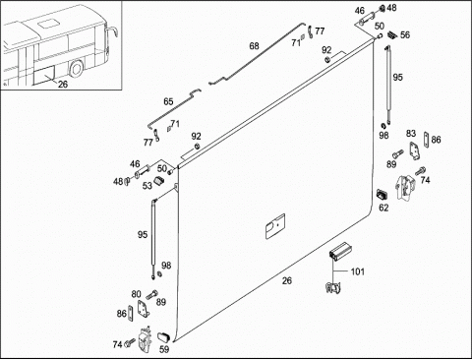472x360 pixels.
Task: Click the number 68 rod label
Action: pyautogui.click(x=254, y=46)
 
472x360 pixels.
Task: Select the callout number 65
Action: pyautogui.click(x=168, y=101)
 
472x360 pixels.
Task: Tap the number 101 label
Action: pyautogui.click(x=357, y=271)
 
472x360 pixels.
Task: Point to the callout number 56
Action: pyautogui.click(x=405, y=34)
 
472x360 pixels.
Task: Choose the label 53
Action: pyautogui.click(x=147, y=186)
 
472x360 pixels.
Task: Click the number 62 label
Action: pyautogui.click(x=383, y=208)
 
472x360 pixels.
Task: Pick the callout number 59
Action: pyautogui.click(x=164, y=349)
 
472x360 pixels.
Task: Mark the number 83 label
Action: pyautogui.click(x=411, y=134)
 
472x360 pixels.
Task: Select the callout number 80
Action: pyautogui.click(x=136, y=294)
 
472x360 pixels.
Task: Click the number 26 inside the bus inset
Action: pyautogui.click(x=63, y=85)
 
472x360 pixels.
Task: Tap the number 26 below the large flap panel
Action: pyautogui.click(x=287, y=280)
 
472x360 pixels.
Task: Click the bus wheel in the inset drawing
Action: pyautogui.click(x=77, y=69)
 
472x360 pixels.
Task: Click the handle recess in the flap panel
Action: pyautogui.click(x=274, y=225)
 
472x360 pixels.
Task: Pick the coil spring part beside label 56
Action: pyautogui.click(x=393, y=34)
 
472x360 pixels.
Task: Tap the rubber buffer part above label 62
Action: pyautogui.click(x=382, y=194)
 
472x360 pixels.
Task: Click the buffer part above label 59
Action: pyautogui.click(x=164, y=337)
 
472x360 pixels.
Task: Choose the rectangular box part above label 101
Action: pyautogui.click(x=339, y=252)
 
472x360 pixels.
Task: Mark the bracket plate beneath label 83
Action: pyautogui.click(x=415, y=151)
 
